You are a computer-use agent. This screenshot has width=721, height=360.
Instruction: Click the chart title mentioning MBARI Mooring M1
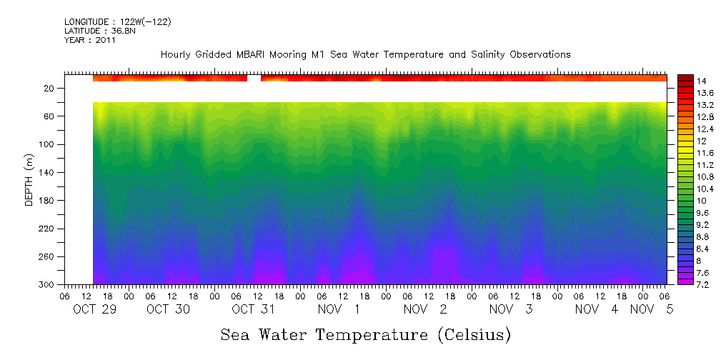tap(365, 55)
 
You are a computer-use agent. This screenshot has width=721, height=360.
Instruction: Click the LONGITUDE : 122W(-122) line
tap(117, 22)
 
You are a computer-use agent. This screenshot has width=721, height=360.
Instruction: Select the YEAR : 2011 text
tap(89, 40)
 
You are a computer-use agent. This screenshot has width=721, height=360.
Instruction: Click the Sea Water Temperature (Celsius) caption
tap(365, 334)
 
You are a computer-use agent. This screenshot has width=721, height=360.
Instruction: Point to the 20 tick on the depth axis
tap(50, 88)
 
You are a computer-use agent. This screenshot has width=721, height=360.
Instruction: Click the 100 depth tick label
tap(48, 144)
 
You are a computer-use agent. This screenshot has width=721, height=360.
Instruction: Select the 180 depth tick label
tap(48, 201)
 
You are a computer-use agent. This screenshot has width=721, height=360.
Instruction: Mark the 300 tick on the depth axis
tap(48, 285)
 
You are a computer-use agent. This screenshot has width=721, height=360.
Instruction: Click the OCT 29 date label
tap(95, 309)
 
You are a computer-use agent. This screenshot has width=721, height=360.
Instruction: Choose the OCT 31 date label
tap(253, 309)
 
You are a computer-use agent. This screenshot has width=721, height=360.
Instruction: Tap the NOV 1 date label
tap(339, 309)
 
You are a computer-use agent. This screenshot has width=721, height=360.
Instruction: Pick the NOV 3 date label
tap(511, 309)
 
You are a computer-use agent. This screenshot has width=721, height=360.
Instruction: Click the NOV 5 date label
tap(652, 309)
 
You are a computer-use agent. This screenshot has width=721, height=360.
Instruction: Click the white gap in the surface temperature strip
tap(254, 78)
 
